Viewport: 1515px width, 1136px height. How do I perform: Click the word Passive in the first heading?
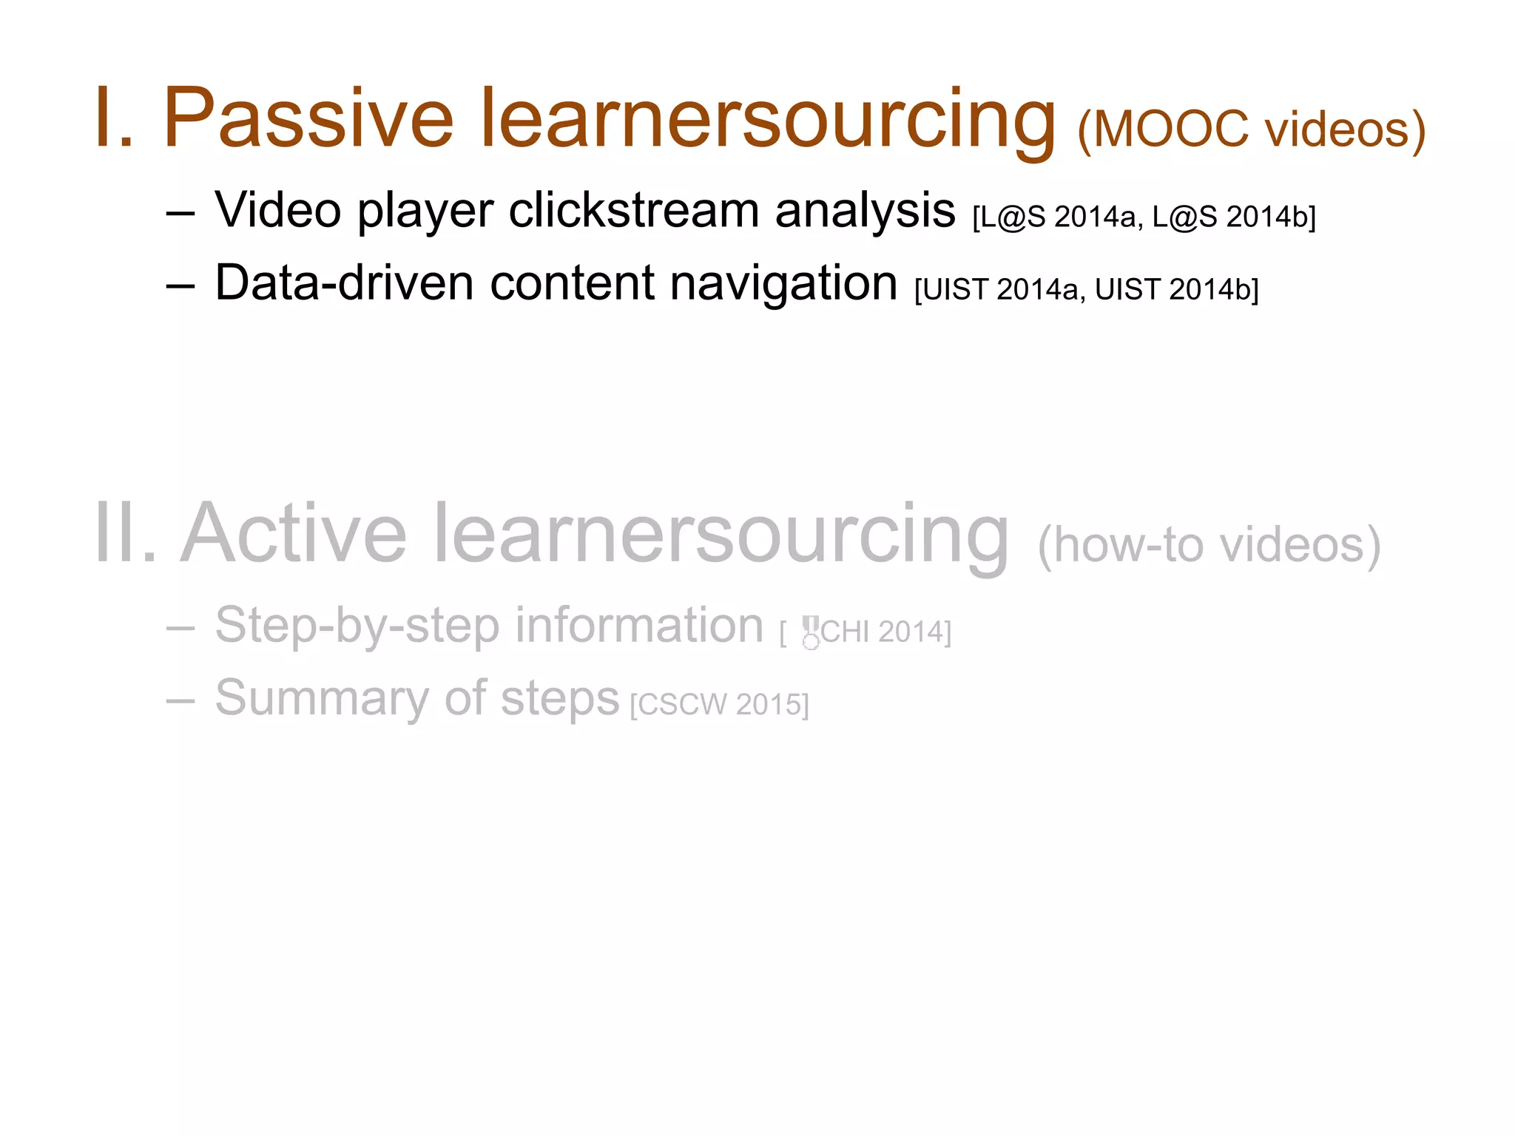(307, 118)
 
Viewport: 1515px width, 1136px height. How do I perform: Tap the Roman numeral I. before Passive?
(113, 118)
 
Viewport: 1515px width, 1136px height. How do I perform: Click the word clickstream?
(633, 210)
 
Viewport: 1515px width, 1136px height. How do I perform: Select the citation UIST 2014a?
(1002, 290)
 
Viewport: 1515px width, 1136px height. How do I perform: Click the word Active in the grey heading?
(294, 533)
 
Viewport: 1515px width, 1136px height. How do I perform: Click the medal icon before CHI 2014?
(811, 632)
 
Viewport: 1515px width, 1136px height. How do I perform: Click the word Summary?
(321, 697)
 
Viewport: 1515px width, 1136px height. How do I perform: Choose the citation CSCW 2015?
(719, 704)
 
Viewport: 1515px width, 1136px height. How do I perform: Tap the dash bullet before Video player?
(180, 213)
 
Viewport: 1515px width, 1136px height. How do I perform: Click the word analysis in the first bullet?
(865, 210)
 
